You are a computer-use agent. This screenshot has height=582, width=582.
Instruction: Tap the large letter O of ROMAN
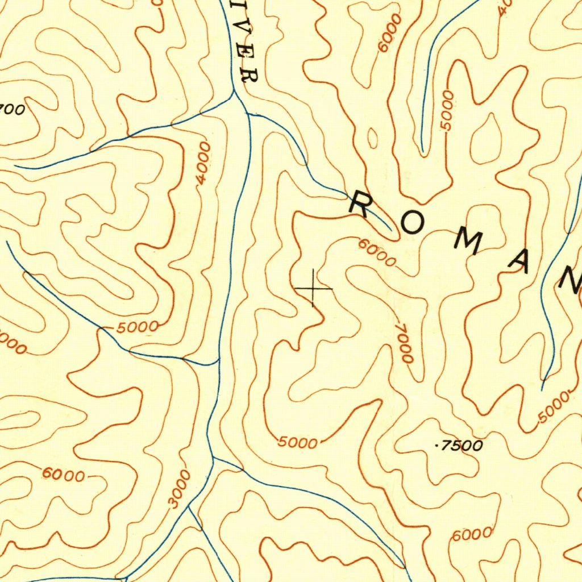412,225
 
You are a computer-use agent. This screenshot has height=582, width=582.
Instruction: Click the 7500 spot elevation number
462,446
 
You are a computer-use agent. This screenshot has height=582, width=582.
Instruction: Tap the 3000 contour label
180,489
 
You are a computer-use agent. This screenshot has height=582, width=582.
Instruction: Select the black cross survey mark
313,289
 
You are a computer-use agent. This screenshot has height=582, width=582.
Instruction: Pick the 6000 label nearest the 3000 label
63,475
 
